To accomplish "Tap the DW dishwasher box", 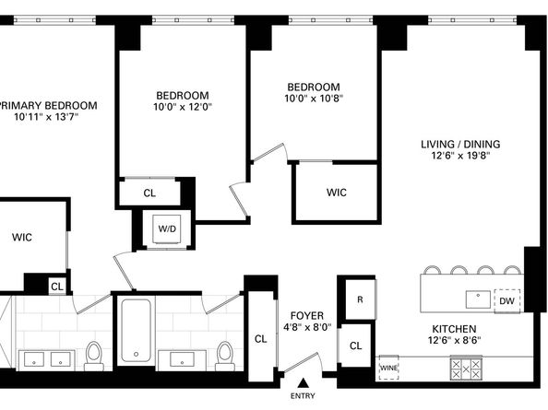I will tap(506, 301).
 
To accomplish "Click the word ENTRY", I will tap(302, 397).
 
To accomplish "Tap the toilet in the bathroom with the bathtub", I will tap(224, 353).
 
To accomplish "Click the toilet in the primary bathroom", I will tap(93, 353).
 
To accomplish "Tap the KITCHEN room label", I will tap(454, 329).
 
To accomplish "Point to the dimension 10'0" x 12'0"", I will tap(183, 107).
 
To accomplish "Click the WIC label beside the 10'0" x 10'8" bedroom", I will tap(336, 193).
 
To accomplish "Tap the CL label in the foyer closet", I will tap(260, 339).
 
